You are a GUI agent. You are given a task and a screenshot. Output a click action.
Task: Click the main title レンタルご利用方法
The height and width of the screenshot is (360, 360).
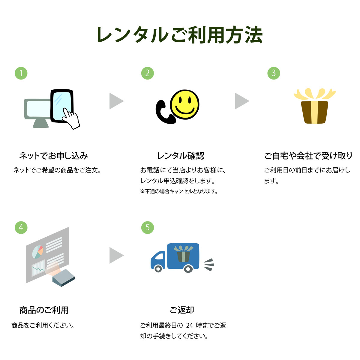tap(179, 35)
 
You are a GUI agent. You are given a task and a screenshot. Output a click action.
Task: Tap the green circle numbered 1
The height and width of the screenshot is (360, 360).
tap(21, 73)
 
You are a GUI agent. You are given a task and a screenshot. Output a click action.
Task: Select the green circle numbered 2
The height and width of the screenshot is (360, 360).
tap(147, 73)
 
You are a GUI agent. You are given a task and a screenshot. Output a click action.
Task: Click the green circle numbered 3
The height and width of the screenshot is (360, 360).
tap(274, 73)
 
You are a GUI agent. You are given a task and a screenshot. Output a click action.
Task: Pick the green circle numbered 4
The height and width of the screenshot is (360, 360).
tap(21, 227)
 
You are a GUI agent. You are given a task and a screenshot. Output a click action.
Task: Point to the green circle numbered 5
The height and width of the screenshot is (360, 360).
tap(147, 227)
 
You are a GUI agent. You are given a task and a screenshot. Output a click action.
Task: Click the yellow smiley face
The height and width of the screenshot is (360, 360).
tap(184, 104)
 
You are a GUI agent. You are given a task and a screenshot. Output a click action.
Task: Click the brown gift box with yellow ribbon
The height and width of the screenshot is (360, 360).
tap(315, 106)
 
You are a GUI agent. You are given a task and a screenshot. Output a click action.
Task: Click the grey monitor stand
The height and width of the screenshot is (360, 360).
tap(41, 123)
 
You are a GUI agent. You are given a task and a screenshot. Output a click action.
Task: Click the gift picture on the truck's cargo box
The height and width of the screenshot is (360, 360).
tap(184, 254)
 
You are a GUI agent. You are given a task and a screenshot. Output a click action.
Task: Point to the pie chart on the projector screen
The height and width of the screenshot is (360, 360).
tap(37, 252)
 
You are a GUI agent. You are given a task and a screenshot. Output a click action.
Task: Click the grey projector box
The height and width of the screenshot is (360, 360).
tap(64, 278)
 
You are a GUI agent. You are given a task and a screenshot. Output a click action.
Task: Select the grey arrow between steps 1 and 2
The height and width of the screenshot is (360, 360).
tap(116, 101)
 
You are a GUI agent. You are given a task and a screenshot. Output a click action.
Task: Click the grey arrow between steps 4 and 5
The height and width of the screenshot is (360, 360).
tap(116, 255)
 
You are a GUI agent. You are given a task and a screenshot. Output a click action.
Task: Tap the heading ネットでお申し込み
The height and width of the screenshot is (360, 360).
tap(54, 156)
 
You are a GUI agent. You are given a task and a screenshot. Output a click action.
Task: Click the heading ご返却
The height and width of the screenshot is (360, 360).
tap(182, 310)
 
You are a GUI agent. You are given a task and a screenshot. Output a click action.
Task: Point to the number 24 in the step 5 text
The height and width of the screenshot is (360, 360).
tap(189, 325)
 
